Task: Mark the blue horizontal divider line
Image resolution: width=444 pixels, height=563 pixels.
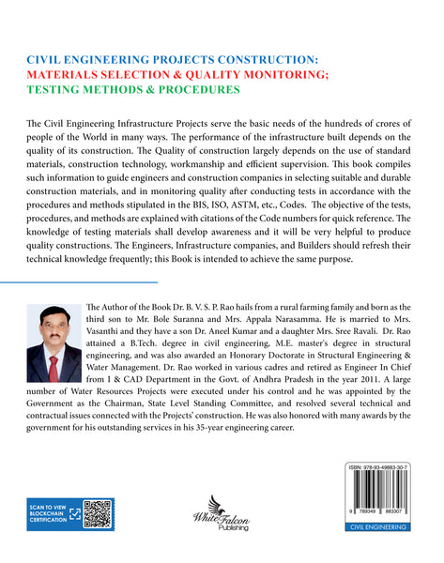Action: tap(79, 281)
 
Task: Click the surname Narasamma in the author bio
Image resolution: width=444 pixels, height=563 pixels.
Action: tap(274, 320)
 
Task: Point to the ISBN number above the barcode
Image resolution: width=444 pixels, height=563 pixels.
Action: tap(384, 467)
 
